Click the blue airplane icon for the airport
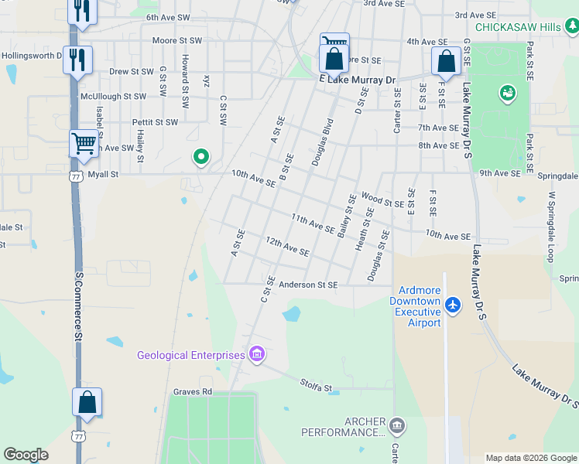[454, 306]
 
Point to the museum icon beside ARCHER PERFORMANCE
[396, 425]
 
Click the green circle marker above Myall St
[200, 158]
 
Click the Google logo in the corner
[26, 455]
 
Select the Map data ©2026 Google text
[531, 458]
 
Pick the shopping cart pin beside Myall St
[84, 144]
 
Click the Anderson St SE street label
[308, 285]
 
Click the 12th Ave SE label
[287, 247]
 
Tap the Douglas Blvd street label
[322, 142]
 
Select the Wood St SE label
[382, 202]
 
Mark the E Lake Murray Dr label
[358, 80]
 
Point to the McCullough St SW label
[113, 97]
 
